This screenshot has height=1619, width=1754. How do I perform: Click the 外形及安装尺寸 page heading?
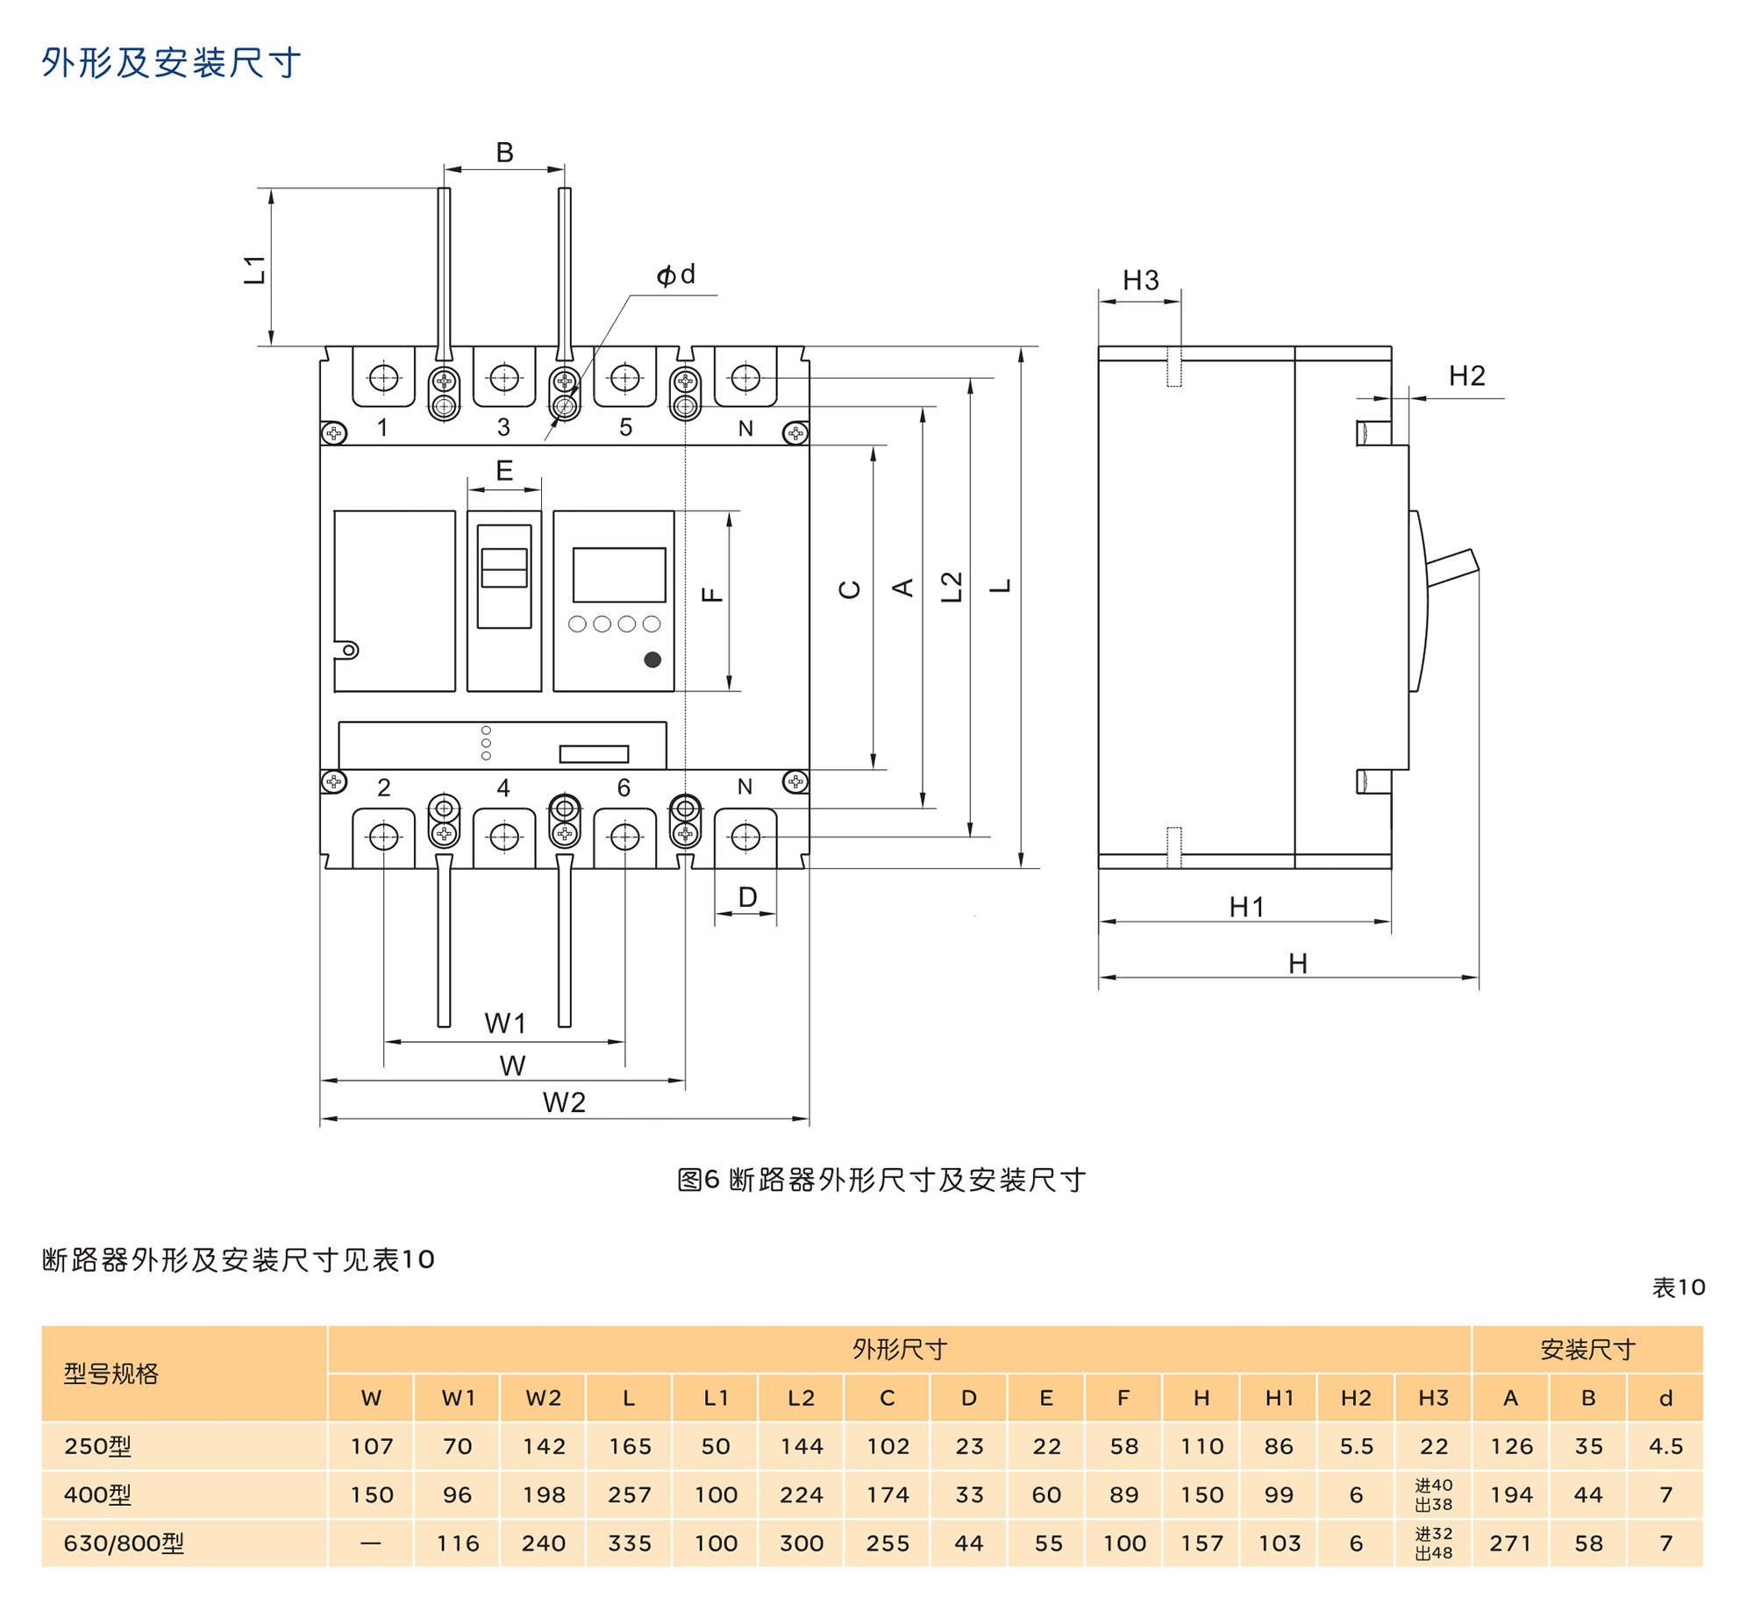pyautogui.click(x=171, y=63)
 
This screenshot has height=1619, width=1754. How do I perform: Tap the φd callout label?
pyautogui.click(x=675, y=275)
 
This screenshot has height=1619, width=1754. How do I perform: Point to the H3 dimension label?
pyautogui.click(x=1140, y=281)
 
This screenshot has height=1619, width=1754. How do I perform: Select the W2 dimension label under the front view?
pyautogui.click(x=564, y=1102)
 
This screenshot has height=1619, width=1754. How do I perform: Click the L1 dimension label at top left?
pyautogui.click(x=254, y=269)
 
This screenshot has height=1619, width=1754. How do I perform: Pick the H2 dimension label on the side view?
pyautogui.click(x=1466, y=376)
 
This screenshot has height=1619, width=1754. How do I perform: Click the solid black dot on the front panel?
pyautogui.click(x=652, y=660)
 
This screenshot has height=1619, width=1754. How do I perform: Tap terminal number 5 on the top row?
pyautogui.click(x=625, y=427)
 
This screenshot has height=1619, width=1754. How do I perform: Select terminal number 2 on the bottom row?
pyautogui.click(x=383, y=788)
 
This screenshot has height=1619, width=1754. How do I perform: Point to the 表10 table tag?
pyautogui.click(x=1678, y=1287)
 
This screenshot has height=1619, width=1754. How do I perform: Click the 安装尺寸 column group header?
pyautogui.click(x=1587, y=1349)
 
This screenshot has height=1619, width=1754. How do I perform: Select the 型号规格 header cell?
pyautogui.click(x=111, y=1373)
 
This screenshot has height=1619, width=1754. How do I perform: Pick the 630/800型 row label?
pyautogui.click(x=124, y=1544)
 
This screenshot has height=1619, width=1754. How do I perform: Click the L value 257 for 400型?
pyautogui.click(x=629, y=1494)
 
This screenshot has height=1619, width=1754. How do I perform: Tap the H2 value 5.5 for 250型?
pyautogui.click(x=1356, y=1446)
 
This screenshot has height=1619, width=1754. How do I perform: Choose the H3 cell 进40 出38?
pyautogui.click(x=1433, y=1494)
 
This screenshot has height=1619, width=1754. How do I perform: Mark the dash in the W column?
pyautogui.click(x=371, y=1544)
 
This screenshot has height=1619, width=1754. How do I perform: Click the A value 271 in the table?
pyautogui.click(x=1510, y=1544)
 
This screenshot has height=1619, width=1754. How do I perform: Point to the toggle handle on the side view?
pyautogui.click(x=1451, y=567)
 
